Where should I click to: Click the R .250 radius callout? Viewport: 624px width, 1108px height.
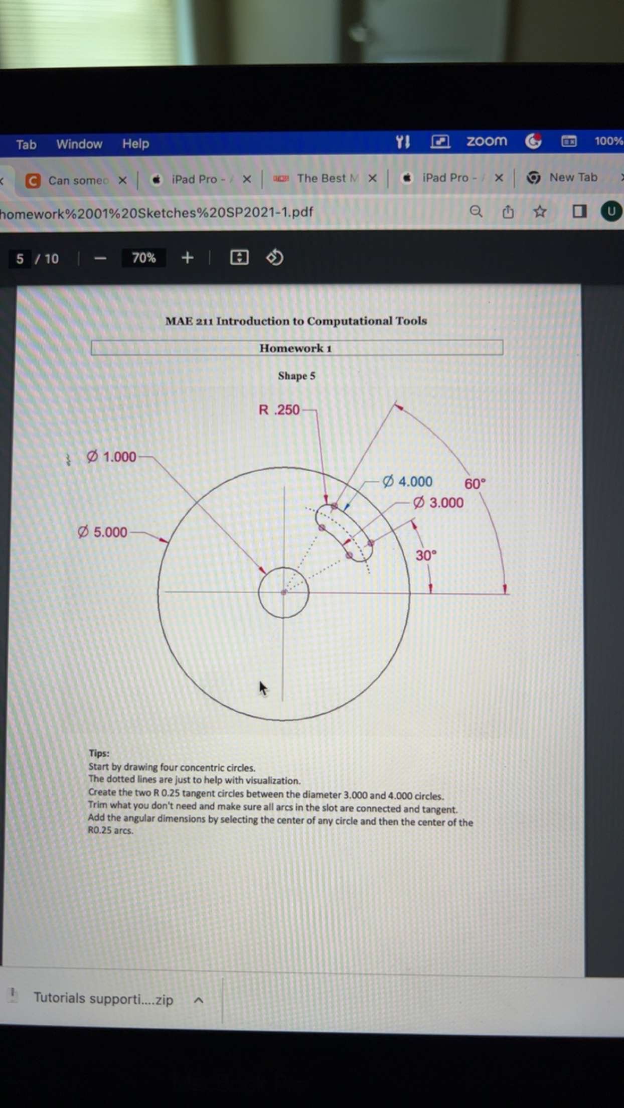point(279,410)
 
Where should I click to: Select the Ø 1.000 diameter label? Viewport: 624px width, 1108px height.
point(111,457)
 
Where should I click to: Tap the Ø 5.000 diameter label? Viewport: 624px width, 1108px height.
point(103,532)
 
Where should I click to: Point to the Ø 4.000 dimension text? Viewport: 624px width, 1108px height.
point(407,482)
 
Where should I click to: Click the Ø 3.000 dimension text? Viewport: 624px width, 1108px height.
point(438,503)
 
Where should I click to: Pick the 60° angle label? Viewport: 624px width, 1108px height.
point(475,484)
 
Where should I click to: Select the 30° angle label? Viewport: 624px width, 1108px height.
point(426,556)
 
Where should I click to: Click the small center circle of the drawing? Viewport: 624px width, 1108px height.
point(283,592)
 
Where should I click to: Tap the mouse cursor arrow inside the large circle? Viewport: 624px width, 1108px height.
point(263,688)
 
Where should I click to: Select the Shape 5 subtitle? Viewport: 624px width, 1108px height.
point(296,376)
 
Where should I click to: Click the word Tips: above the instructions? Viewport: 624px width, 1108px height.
point(99,753)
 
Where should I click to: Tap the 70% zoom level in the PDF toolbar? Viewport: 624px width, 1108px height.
point(143,258)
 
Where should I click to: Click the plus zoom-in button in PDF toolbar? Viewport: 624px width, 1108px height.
point(187,258)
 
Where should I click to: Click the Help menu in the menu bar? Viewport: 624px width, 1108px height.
point(135,144)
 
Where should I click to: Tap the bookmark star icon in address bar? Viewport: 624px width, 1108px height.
point(540,212)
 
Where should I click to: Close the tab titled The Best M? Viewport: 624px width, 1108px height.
point(372,178)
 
